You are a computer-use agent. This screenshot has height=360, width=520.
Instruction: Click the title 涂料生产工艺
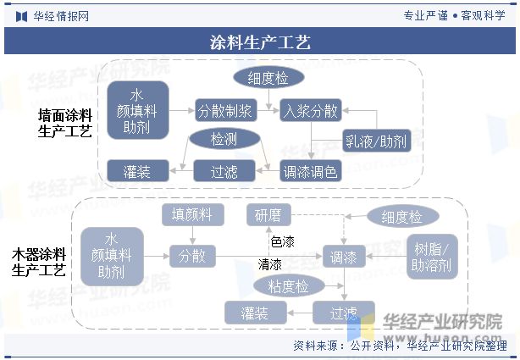[x=260, y=42]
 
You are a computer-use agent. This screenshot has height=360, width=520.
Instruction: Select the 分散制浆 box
[x=224, y=111]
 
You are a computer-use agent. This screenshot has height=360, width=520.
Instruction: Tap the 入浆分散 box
[x=311, y=111]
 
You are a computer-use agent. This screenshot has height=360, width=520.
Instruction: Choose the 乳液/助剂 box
[x=375, y=140]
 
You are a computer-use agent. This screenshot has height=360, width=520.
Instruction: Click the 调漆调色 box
[x=310, y=172]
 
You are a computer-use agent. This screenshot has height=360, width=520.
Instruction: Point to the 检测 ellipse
[x=224, y=139]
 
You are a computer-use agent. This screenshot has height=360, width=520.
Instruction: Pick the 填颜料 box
[x=192, y=215]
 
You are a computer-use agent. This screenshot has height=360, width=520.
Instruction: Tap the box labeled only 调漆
[x=344, y=255]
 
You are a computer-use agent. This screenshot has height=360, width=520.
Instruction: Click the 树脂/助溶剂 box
[x=433, y=257]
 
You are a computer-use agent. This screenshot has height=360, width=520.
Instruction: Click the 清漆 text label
[x=270, y=265]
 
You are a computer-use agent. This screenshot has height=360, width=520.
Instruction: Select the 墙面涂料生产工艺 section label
[x=65, y=122]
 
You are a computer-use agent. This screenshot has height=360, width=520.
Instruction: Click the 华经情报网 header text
[x=61, y=15]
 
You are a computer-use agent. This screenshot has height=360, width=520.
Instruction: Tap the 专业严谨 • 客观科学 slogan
[x=455, y=15]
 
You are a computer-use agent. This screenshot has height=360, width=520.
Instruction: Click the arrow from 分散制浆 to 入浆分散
[x=267, y=111]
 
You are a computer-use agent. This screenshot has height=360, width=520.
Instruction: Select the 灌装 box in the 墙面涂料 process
[x=137, y=172]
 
